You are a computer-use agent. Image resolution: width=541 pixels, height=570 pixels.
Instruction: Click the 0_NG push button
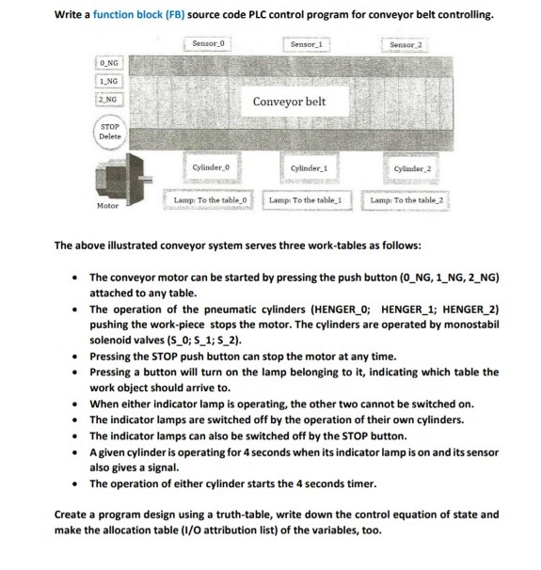(x=108, y=63)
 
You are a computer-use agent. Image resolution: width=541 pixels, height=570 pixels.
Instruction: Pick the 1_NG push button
(x=108, y=81)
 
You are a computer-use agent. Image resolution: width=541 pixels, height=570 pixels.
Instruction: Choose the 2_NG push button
(x=108, y=99)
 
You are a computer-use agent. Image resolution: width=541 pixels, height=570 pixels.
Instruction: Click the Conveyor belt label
(x=290, y=102)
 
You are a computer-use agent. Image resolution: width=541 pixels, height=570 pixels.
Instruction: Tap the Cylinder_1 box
(x=309, y=166)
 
